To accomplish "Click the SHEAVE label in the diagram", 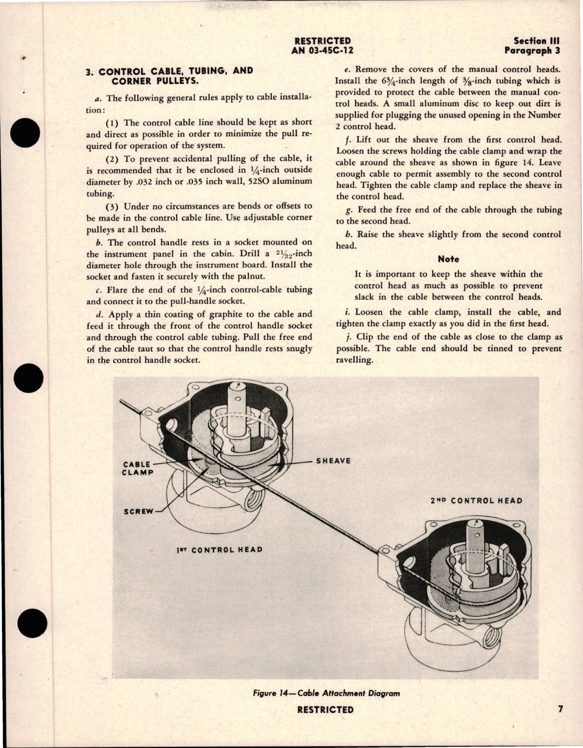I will [x=333, y=461].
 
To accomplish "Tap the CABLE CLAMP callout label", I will [x=138, y=468].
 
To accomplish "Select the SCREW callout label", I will [x=138, y=511].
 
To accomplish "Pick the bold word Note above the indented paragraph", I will [x=448, y=259].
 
